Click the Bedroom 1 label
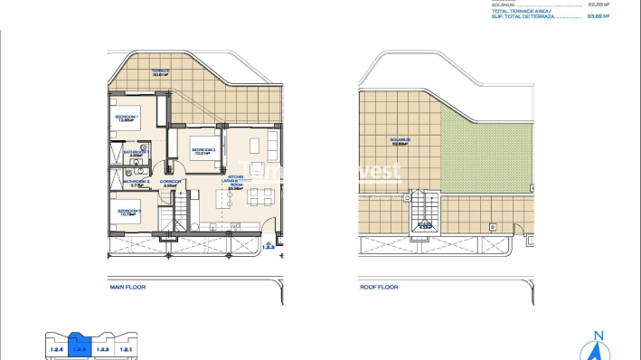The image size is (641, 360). [125, 118]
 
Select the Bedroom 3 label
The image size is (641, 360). [127, 212]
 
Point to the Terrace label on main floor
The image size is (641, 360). [160, 71]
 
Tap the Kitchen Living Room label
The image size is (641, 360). [237, 184]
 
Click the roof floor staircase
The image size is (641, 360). [424, 213]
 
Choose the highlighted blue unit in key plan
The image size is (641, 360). [79, 347]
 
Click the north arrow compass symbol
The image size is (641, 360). [597, 347]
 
